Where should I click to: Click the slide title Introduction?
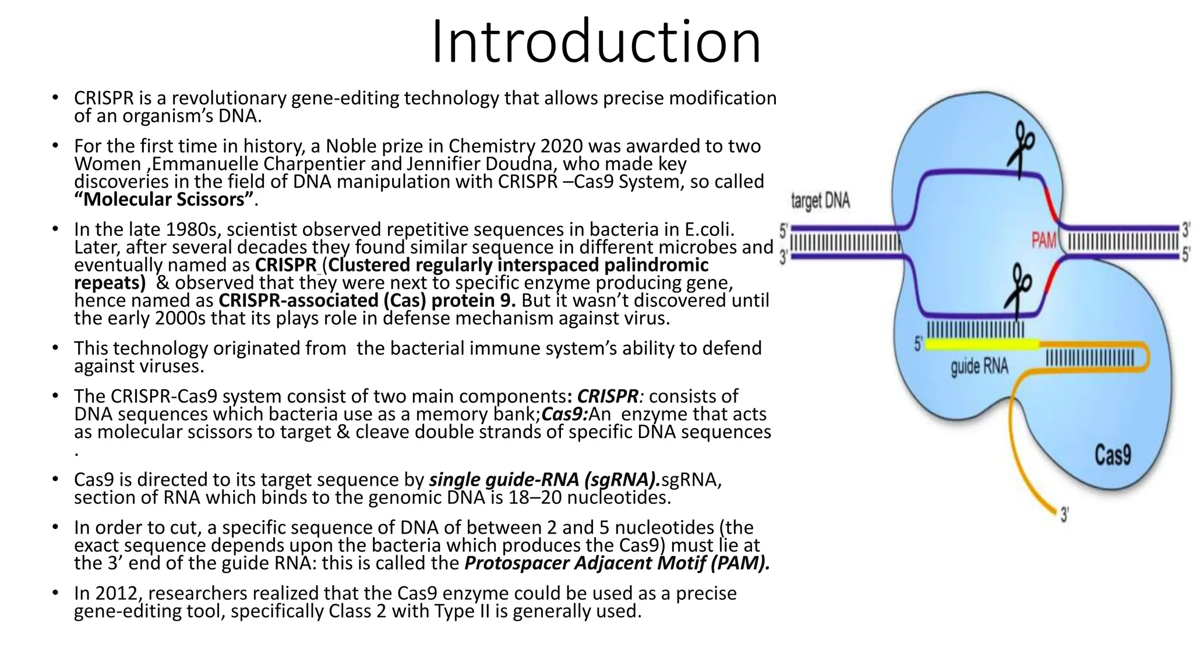(x=596, y=42)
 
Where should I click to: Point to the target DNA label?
(x=820, y=202)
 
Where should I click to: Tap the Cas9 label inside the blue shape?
(x=1112, y=455)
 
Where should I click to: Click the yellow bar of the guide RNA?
(x=982, y=345)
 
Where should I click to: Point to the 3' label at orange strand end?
(x=1064, y=515)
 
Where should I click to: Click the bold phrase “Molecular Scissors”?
(x=164, y=200)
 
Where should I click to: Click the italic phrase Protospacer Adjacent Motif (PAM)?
(x=617, y=563)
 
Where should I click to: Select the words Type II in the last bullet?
(x=461, y=612)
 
